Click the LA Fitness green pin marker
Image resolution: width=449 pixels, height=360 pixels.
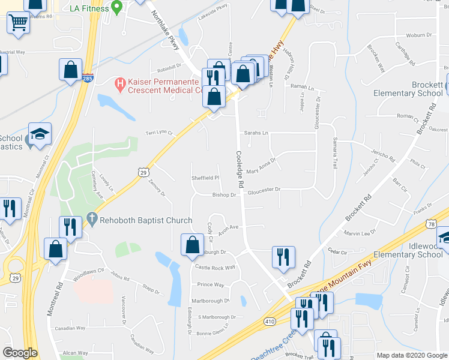[118, 8]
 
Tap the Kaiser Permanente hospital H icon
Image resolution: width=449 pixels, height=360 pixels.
[119, 82]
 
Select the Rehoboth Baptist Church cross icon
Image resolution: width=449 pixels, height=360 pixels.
[92, 220]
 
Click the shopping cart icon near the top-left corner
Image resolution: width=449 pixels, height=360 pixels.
[19, 23]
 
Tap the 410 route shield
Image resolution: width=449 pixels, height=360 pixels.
[264, 323]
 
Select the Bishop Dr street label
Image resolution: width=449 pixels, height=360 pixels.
[224, 194]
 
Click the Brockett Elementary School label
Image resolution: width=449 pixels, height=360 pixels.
[409, 89]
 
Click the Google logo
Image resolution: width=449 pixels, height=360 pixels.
[20, 353]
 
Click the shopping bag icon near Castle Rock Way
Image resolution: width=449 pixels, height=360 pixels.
[191, 244]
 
